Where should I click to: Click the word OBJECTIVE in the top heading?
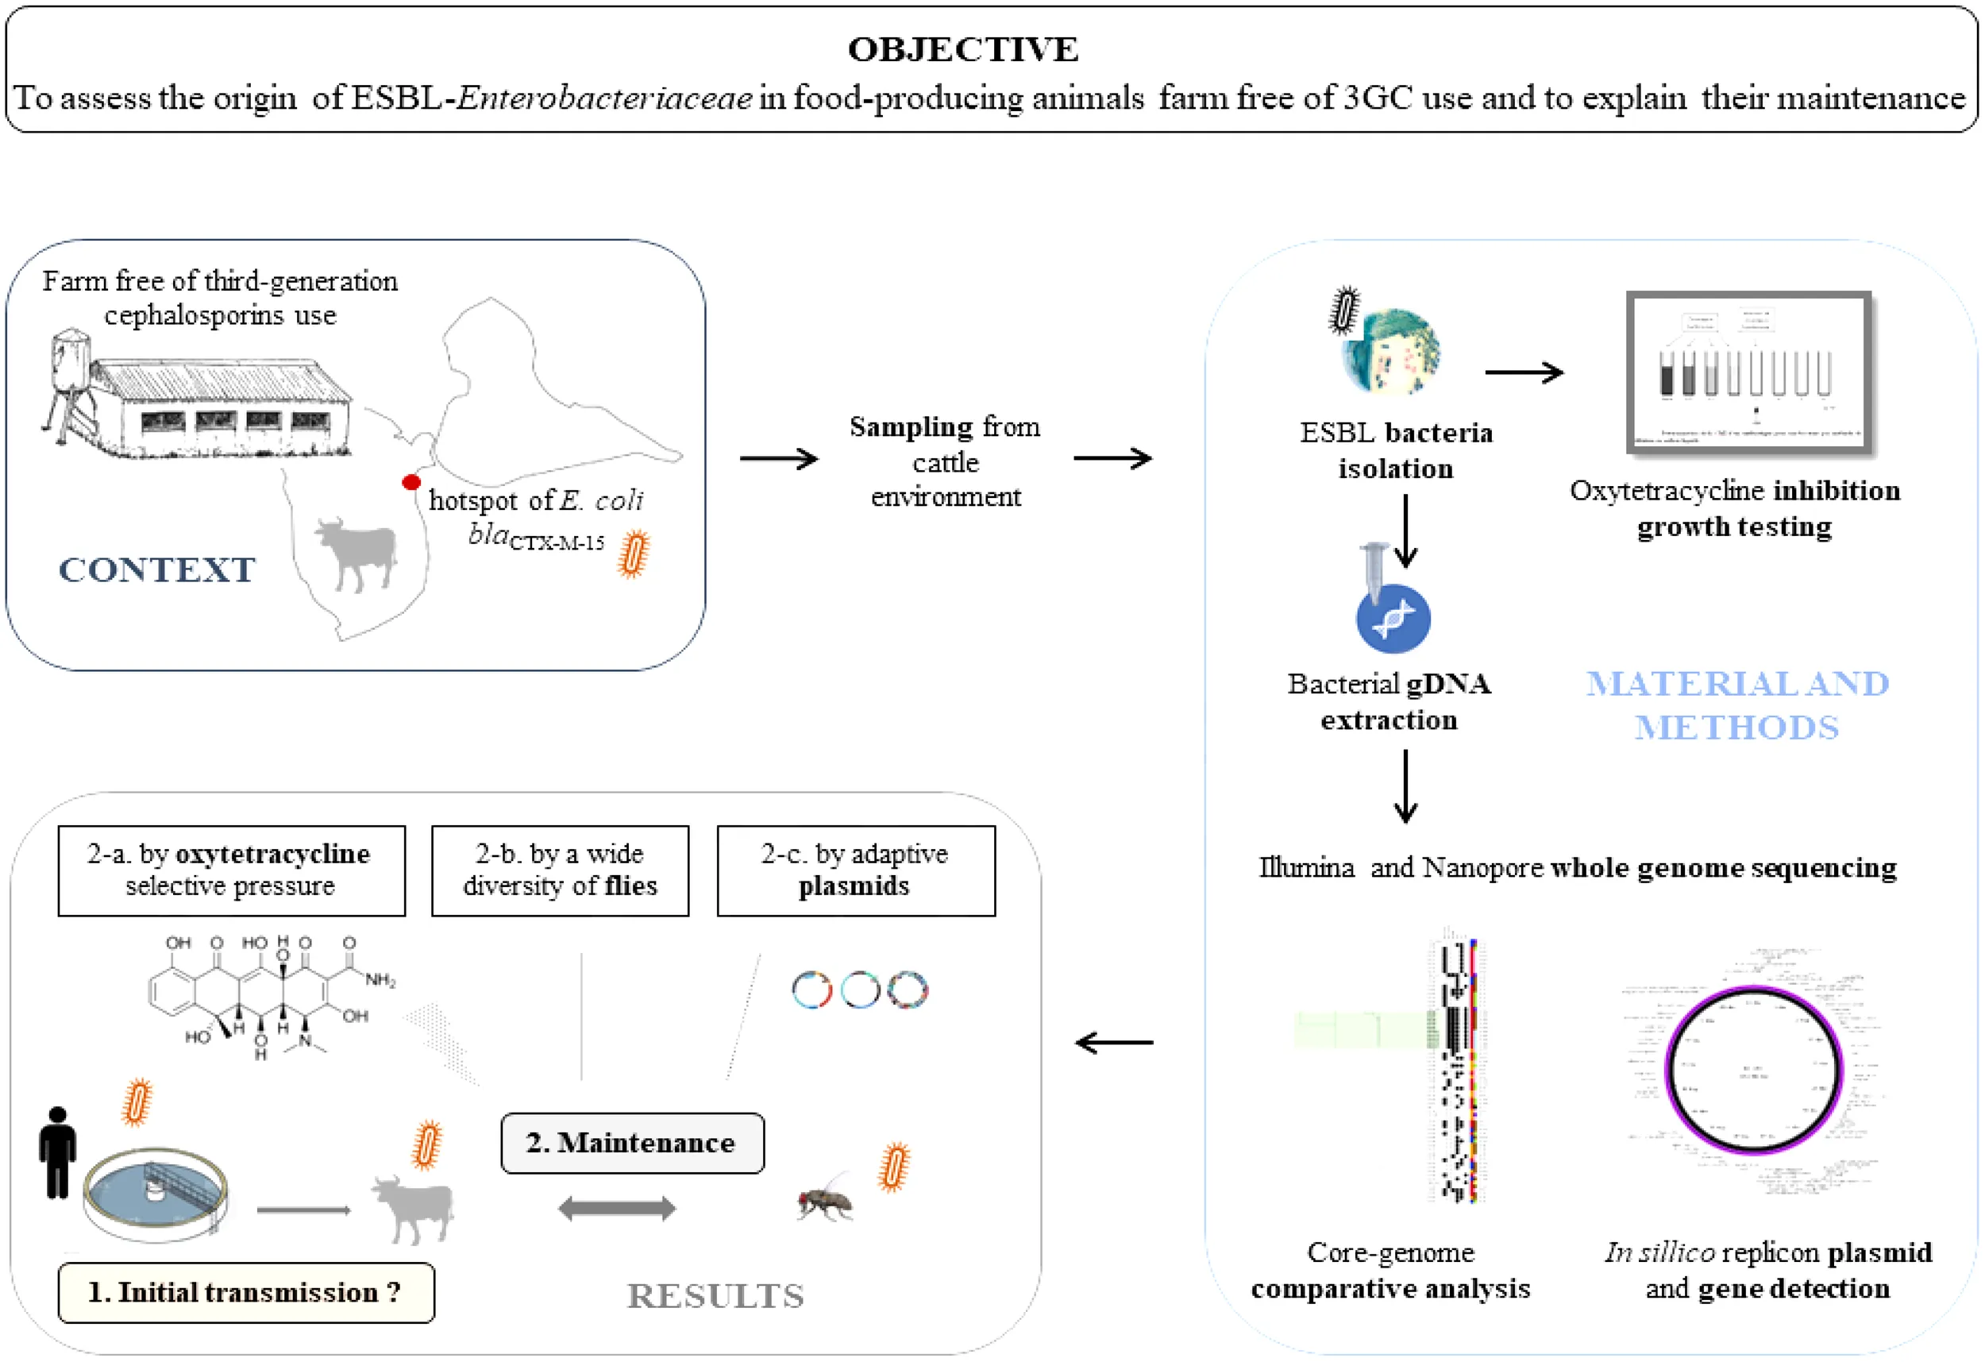pyautogui.click(x=962, y=49)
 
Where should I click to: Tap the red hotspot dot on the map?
pyautogui.click(x=410, y=483)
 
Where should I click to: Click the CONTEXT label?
pyautogui.click(x=156, y=570)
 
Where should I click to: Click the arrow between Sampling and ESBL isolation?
pyautogui.click(x=1112, y=459)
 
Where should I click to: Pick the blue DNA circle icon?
pyautogui.click(x=1393, y=619)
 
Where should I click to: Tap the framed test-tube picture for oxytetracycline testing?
pyautogui.click(x=1748, y=372)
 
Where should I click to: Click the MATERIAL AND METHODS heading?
pyautogui.click(x=1737, y=706)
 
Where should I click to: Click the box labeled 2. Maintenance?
pyautogui.click(x=632, y=1144)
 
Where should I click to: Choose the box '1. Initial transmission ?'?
pyautogui.click(x=246, y=1293)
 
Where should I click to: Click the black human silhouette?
pyautogui.click(x=57, y=1152)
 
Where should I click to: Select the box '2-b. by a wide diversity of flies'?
pyautogui.click(x=561, y=870)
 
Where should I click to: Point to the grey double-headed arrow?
pyautogui.click(x=617, y=1208)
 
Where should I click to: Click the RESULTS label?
pyautogui.click(x=715, y=1296)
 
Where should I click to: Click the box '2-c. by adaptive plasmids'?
pyautogui.click(x=856, y=870)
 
